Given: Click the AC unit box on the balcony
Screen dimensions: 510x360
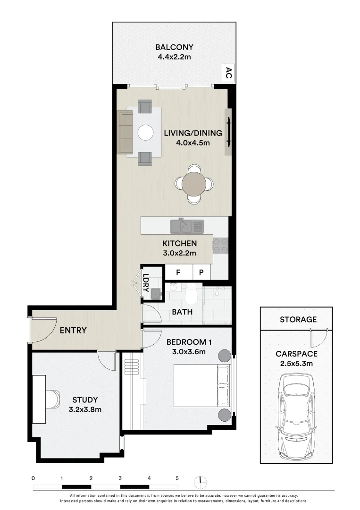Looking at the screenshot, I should coord(228,73).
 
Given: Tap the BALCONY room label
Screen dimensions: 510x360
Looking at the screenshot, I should coord(175,47).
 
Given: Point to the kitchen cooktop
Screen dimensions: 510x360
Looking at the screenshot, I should coord(220,245).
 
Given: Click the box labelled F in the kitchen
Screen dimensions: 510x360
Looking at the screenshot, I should coord(179,272).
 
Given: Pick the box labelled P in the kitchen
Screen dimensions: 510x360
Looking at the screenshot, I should coord(201,272).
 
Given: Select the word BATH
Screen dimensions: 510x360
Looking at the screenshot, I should coord(182,312).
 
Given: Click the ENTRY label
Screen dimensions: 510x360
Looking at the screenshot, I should coord(73,330).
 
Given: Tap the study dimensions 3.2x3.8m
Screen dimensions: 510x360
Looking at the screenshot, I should coord(85,409).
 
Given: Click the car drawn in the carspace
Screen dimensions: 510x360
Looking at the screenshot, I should coord(296,416).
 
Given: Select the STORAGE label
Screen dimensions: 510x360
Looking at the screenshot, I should coord(298,320).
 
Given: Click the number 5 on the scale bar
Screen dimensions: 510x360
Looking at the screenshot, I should coord(177,478).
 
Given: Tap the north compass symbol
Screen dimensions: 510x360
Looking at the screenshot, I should coord(201,481).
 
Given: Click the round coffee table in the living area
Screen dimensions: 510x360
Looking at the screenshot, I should coord(145,132).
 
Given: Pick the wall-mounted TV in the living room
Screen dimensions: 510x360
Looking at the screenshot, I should coord(229,132).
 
